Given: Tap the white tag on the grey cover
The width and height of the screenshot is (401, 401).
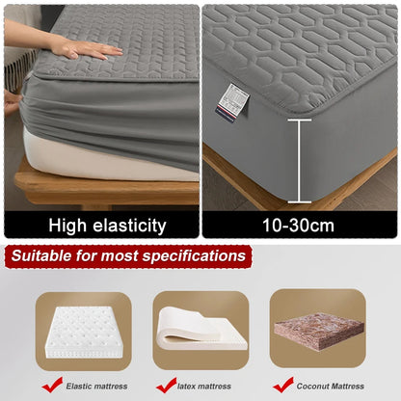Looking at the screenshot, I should coord(233,99).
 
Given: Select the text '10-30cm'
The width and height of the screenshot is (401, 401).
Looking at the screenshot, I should coord(300,226).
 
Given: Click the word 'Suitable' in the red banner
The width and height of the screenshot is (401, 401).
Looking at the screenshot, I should coord(46,256).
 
